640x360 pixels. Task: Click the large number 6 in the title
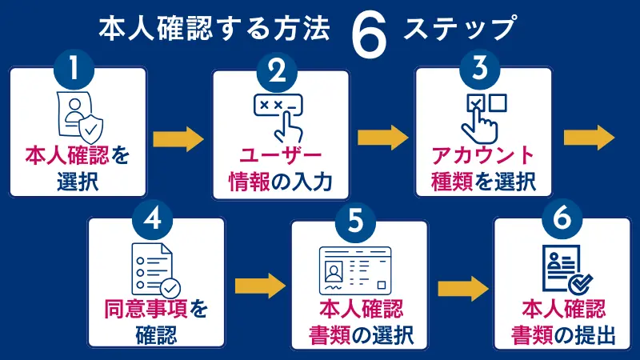click(368, 32)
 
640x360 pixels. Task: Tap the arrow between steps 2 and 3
click(382, 137)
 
